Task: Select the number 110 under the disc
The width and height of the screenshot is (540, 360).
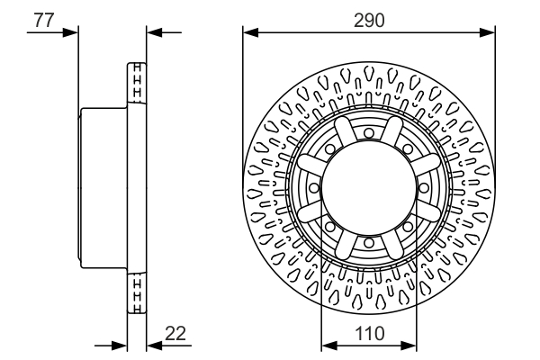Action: click(x=368, y=333)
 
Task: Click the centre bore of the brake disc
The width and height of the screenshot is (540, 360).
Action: click(x=369, y=187)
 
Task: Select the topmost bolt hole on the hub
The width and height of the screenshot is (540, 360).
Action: click(x=369, y=133)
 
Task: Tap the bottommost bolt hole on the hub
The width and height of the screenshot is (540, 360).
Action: click(x=369, y=242)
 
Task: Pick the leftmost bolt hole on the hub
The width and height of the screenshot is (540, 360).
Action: click(x=314, y=187)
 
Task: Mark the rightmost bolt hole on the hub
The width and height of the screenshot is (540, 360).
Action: click(x=423, y=187)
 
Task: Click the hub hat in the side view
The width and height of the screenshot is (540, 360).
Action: click(x=104, y=187)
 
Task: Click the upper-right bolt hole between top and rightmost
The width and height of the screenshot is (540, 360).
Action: click(x=408, y=148)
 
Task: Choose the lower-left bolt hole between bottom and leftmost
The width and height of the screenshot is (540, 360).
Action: click(x=330, y=226)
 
